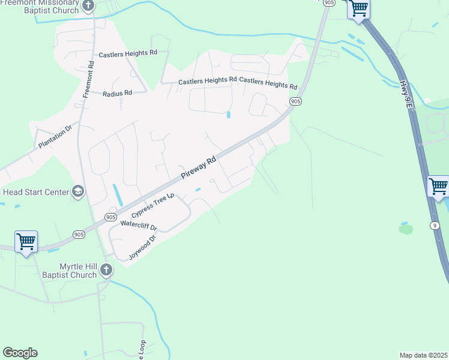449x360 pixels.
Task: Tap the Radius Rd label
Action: [x=117, y=94]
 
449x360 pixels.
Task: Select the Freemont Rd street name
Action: [x=89, y=79]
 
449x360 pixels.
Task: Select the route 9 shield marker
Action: [x=434, y=225]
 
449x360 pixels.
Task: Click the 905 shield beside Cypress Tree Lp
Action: [x=110, y=217]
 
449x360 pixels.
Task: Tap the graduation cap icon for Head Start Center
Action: [x=77, y=191]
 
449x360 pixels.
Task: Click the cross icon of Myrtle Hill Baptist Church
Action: [x=106, y=270]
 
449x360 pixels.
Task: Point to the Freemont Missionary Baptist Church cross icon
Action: [x=88, y=7]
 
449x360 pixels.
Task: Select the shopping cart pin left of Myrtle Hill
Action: [x=26, y=242]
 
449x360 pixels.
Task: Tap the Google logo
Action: [x=20, y=353]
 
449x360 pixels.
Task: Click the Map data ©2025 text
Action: [x=423, y=355]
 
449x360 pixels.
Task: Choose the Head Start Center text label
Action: [x=35, y=192]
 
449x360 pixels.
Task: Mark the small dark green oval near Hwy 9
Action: [x=406, y=229]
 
